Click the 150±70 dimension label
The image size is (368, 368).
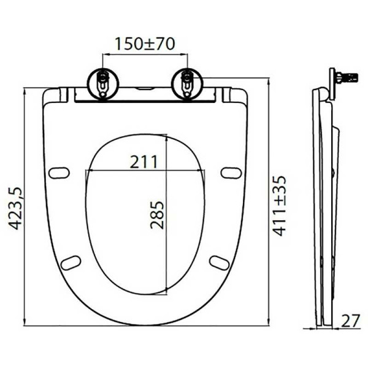coord(145,44)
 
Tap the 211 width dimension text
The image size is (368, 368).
coord(144,161)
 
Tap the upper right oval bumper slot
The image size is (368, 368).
coord(231,173)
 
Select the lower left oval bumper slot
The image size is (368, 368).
coord(71,263)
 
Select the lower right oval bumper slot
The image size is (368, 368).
coord(219,263)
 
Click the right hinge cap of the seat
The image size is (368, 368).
coord(231,95)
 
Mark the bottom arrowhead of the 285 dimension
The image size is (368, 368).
coord(166,292)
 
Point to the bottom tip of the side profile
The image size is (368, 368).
coord(321,325)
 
